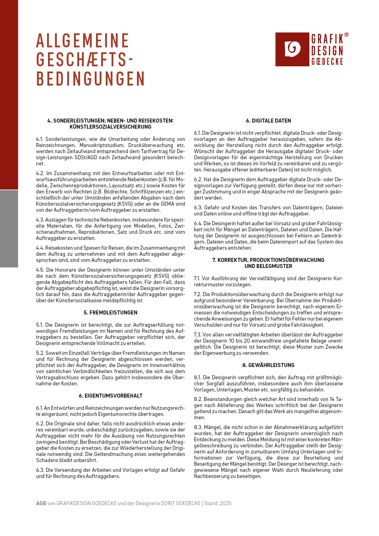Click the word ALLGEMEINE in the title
(83, 41)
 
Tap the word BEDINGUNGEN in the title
(90, 79)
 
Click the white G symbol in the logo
(292, 49)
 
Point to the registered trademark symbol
(346, 35)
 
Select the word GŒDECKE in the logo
(327, 61)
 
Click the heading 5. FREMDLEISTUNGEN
(110, 313)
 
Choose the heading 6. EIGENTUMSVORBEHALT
(110, 396)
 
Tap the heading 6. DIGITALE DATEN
(268, 121)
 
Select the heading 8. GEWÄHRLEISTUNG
(268, 365)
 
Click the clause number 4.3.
(40, 220)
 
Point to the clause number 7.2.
(198, 294)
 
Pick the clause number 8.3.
(198, 427)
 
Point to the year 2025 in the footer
(225, 503)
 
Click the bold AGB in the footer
(41, 503)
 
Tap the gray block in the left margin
(9, 229)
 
